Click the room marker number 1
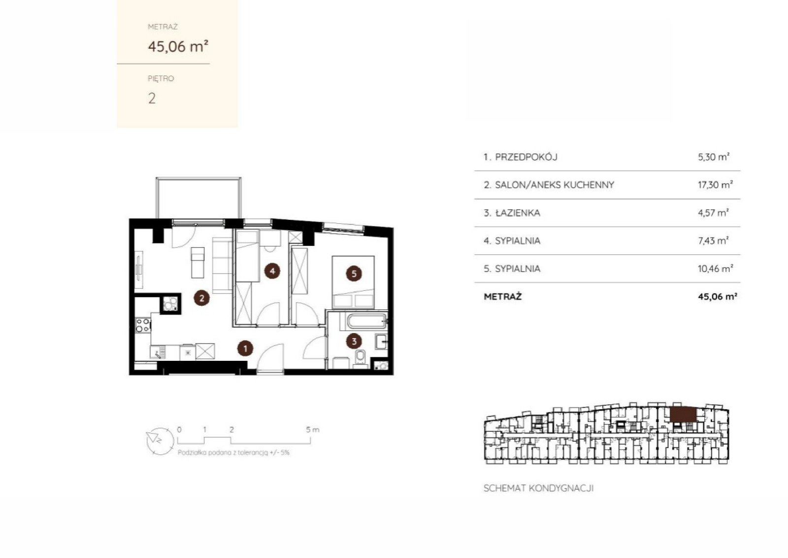pos(245,349)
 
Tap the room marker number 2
pos(201,298)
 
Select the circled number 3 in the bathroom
pos(354,341)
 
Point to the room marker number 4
pos(272,271)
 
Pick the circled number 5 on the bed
pos(354,274)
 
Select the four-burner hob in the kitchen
pos(143,325)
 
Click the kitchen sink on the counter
pos(158,351)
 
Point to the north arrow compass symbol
pos(160,441)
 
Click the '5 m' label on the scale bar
pos(312,429)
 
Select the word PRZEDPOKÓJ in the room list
pos(526,157)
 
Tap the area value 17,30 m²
pos(715,184)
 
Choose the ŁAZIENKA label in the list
pos(518,212)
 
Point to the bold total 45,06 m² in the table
pos(717,296)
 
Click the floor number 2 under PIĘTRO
pos(152,98)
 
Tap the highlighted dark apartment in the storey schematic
pos(683,415)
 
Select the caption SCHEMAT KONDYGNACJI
pos(539,488)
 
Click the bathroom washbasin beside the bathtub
pos(381,342)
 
